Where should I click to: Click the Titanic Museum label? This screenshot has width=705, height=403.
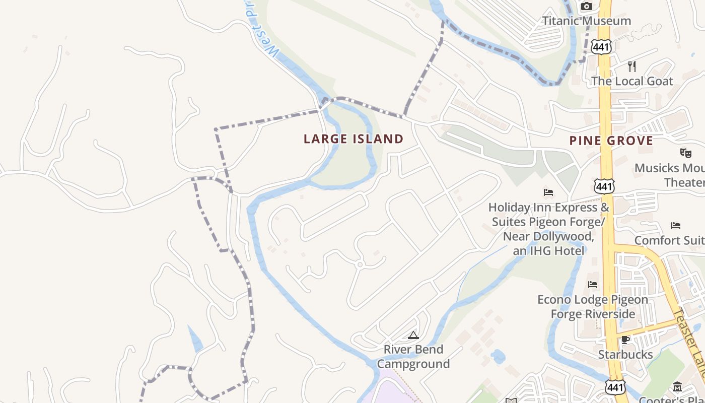click(x=587, y=21)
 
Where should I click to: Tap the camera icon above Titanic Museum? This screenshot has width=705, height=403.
click(x=586, y=6)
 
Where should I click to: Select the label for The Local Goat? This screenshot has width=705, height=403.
click(x=632, y=81)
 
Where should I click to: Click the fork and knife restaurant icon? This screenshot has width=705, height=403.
click(x=632, y=66)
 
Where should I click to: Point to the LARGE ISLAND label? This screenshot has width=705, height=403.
click(x=354, y=139)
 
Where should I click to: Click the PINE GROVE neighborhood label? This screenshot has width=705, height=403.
click(x=611, y=141)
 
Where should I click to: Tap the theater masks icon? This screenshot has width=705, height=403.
click(x=685, y=152)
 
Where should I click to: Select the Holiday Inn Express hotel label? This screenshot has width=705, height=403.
click(x=548, y=229)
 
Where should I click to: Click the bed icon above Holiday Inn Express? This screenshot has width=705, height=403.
click(x=548, y=192)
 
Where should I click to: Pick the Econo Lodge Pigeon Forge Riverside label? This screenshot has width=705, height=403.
click(x=593, y=307)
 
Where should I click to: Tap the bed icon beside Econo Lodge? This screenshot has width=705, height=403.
click(x=593, y=285)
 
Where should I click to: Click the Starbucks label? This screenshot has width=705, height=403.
click(x=625, y=355)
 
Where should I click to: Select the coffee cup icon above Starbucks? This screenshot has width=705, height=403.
click(x=625, y=340)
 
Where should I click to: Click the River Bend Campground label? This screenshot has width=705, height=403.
click(x=413, y=357)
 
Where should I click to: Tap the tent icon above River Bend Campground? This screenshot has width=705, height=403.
click(x=413, y=335)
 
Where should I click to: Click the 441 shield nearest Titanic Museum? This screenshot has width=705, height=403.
click(x=602, y=47)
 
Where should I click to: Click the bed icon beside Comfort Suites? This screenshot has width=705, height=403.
click(x=676, y=225)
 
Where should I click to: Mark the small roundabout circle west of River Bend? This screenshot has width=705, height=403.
click(x=360, y=264)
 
